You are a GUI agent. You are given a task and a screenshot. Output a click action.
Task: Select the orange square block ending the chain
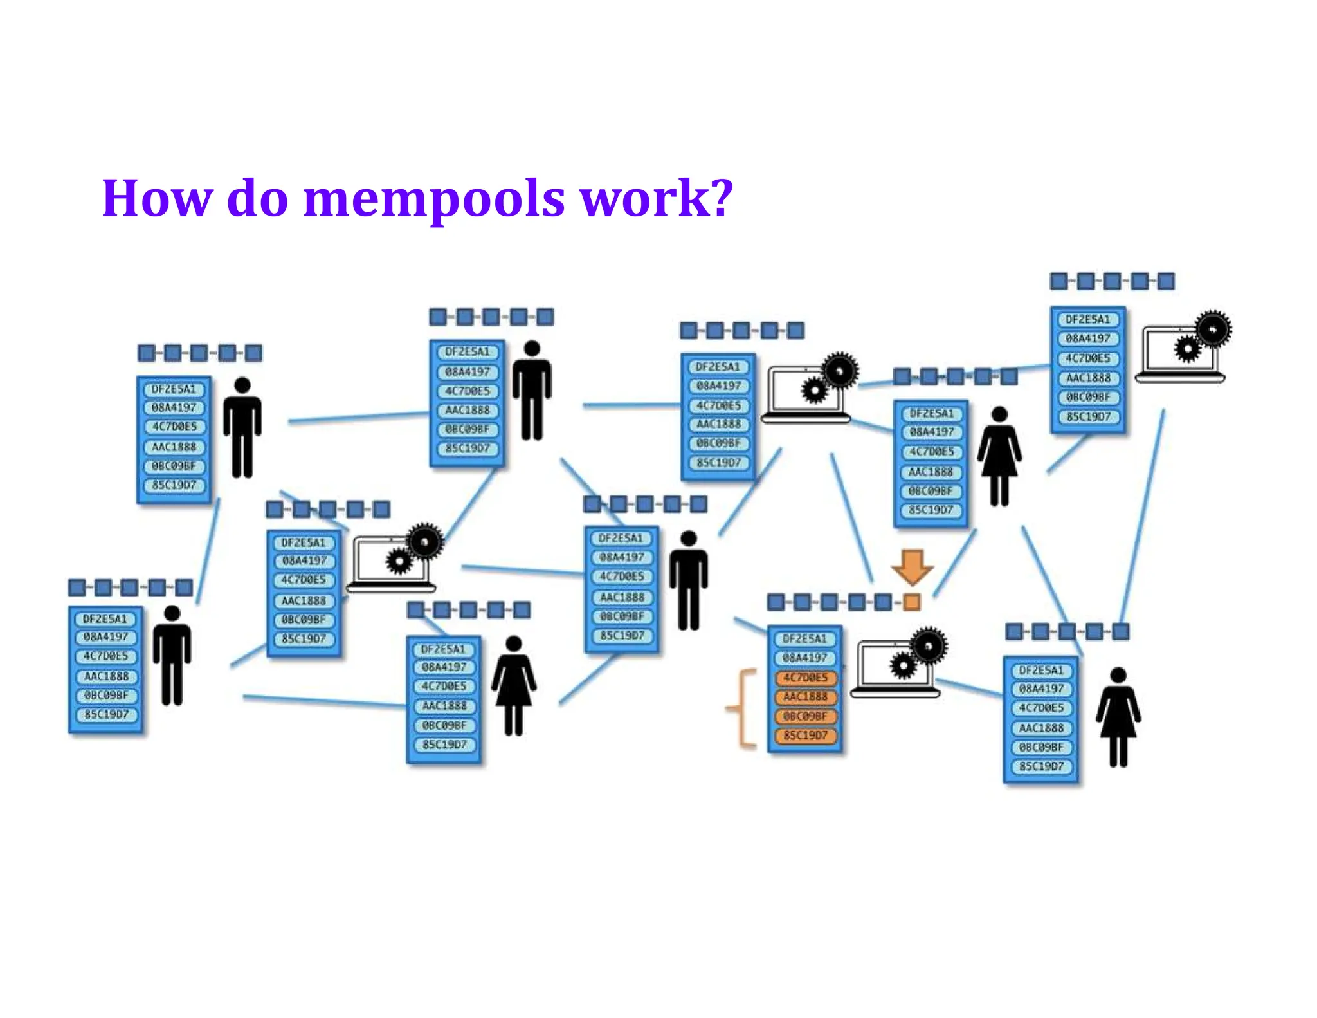coord(912,602)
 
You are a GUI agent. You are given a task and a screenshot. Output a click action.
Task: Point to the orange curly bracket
coord(741,708)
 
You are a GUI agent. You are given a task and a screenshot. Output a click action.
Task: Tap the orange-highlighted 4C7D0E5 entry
coord(805,678)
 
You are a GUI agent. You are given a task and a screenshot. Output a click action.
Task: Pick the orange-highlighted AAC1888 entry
coord(805,697)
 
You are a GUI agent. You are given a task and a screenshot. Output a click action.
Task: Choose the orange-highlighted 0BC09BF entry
coord(805,716)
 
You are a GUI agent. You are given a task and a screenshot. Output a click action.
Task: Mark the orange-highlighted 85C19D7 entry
coord(805,736)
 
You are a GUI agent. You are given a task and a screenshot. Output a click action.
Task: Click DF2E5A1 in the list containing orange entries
coord(804,639)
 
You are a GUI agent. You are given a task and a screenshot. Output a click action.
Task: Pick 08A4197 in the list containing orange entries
coord(804,658)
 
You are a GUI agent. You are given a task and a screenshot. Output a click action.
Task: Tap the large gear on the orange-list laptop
coord(929,645)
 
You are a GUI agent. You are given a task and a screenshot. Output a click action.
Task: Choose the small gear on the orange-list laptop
coord(904,665)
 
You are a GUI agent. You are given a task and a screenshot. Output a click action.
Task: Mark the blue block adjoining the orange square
coord(884,602)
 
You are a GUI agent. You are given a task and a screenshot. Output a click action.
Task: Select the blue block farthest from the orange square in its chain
coord(776,602)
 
